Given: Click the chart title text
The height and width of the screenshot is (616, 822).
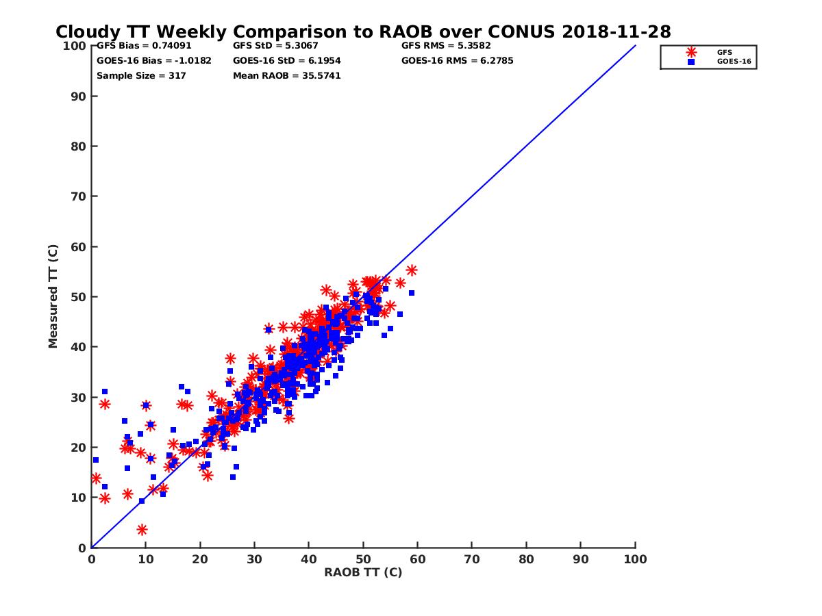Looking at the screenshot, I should (363, 31).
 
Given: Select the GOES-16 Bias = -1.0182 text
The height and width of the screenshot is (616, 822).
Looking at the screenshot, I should (154, 60).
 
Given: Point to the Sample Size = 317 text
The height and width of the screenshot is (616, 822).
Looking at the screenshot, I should (141, 75).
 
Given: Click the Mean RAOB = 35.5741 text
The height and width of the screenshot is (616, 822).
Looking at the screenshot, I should (287, 75).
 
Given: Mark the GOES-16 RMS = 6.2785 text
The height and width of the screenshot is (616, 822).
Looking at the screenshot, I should (458, 60).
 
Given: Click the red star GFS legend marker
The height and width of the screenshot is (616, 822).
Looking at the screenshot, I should (691, 52).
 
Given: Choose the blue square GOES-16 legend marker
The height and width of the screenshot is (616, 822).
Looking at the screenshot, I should (691, 62).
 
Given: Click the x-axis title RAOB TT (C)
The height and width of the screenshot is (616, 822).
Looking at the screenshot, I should (363, 572).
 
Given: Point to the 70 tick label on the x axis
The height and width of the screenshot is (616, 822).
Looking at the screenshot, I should (472, 559).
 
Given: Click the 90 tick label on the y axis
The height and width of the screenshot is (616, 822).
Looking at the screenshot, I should (79, 96).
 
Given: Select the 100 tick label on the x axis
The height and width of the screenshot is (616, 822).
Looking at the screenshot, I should (636, 559).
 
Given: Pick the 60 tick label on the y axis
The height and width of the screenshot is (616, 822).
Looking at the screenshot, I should (79, 246).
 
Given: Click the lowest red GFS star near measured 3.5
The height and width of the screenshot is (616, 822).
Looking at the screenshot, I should (142, 530).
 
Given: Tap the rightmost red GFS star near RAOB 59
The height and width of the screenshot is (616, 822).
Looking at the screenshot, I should (412, 270).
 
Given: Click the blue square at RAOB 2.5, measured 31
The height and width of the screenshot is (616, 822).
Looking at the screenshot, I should (105, 392).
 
